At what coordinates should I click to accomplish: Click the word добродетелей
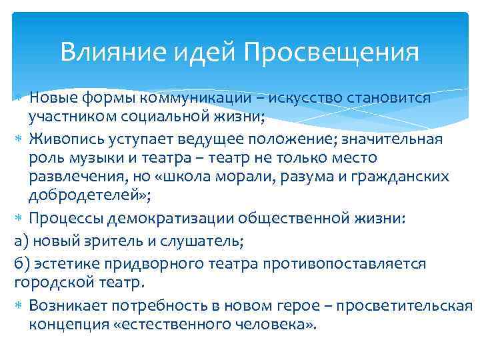(x=81, y=196)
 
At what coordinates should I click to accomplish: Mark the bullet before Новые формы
(x=20, y=98)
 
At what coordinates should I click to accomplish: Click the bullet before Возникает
(x=20, y=306)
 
